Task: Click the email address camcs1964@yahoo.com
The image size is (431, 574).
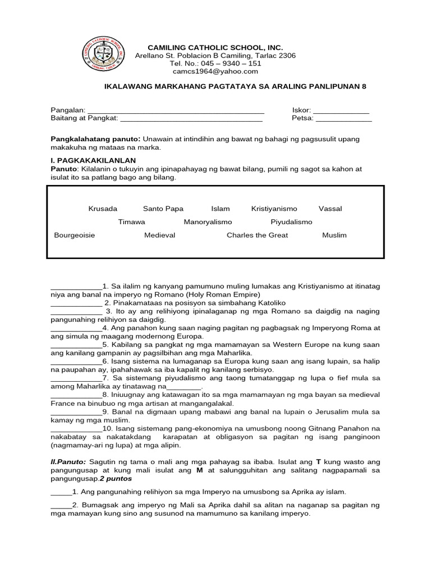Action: tap(215, 71)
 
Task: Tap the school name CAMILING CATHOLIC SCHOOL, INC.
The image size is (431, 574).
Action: tap(215, 48)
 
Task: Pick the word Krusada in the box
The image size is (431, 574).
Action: tap(103, 209)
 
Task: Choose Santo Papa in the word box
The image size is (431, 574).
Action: tap(163, 209)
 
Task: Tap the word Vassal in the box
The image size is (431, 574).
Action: tap(330, 209)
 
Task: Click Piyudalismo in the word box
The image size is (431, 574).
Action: tap(291, 222)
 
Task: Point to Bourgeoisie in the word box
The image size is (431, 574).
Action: tap(74, 235)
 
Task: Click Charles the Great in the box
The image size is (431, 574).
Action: tap(257, 235)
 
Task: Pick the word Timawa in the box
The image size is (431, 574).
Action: tap(131, 222)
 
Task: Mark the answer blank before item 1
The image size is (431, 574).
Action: tap(76, 286)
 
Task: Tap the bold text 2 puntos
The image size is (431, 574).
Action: tap(116, 480)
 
